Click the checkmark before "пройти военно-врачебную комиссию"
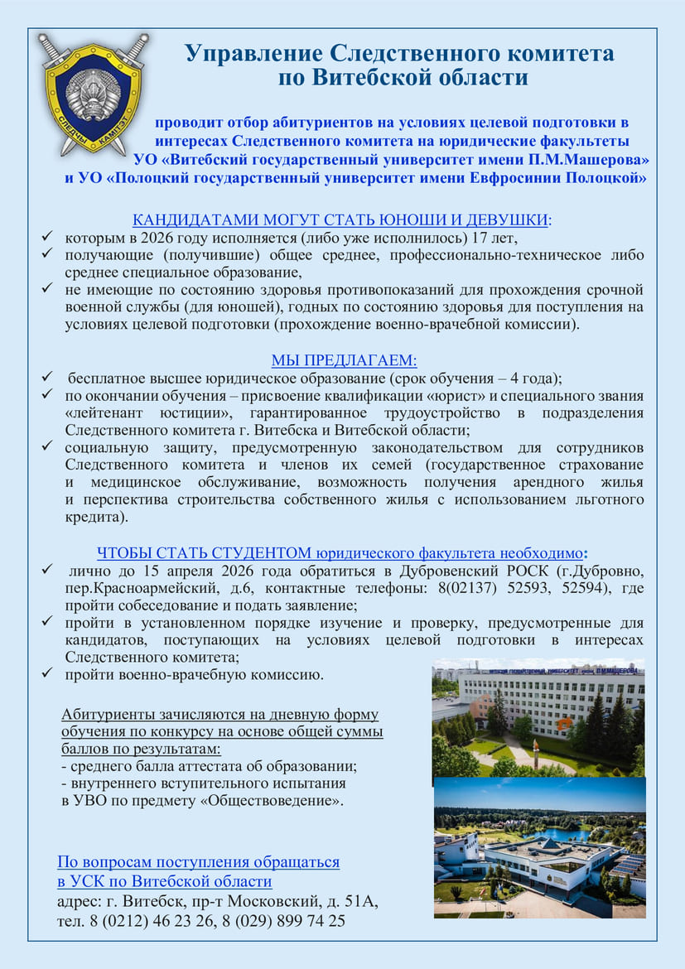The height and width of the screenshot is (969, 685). point(47,674)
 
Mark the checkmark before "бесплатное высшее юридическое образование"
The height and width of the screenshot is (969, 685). point(47,378)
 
